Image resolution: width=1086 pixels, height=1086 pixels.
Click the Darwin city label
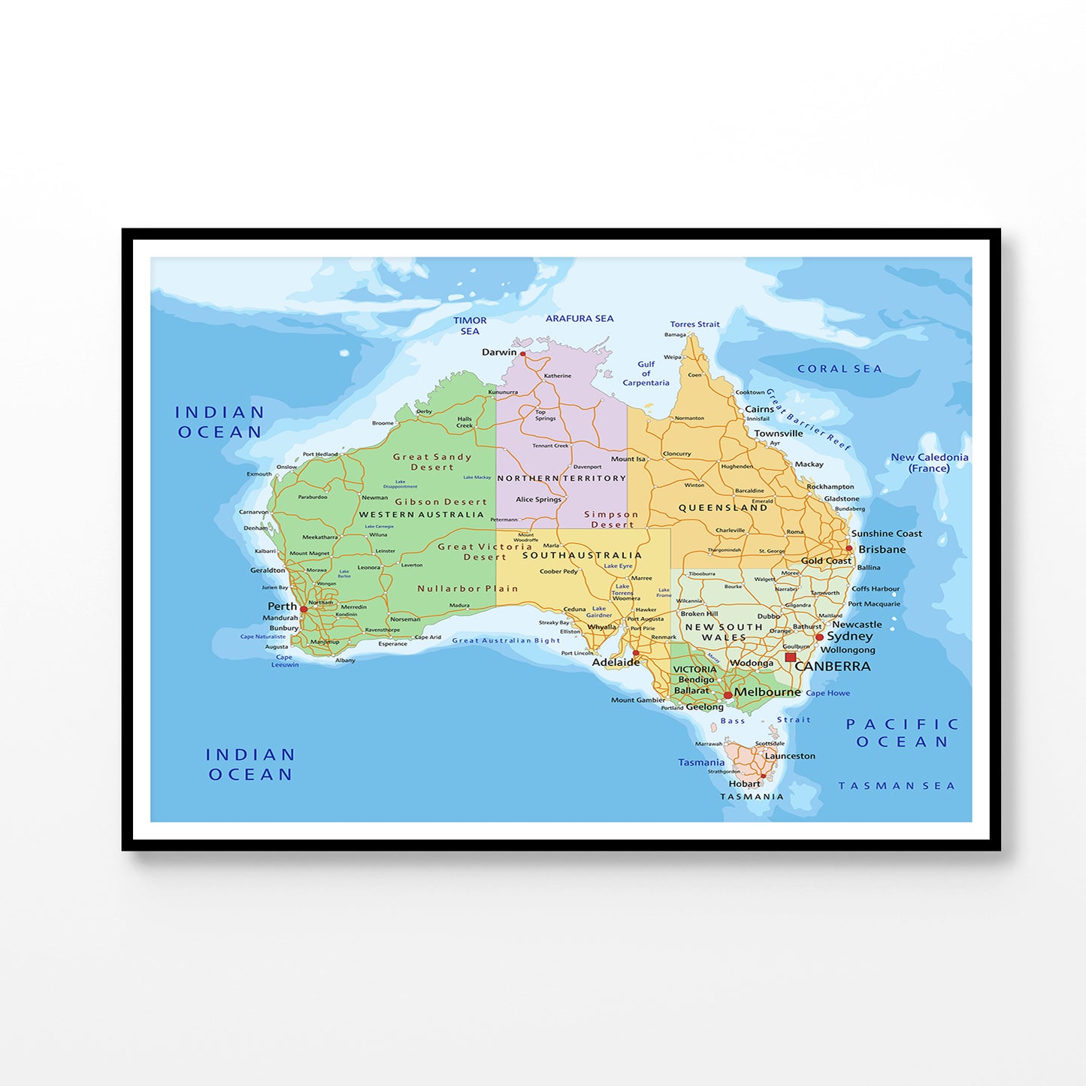(499, 352)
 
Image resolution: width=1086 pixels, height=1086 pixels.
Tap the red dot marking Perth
(304, 610)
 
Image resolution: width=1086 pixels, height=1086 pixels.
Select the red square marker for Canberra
(790, 657)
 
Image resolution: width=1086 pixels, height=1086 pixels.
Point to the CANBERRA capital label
(833, 667)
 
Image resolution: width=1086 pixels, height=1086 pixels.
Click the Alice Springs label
(538, 499)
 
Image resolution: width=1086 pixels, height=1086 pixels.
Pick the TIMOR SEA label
(470, 325)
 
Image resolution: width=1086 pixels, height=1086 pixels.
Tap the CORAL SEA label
(839, 369)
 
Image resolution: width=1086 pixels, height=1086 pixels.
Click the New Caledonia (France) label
(929, 462)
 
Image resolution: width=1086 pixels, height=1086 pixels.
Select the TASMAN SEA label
(897, 786)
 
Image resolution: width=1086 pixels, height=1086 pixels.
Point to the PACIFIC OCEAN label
(903, 733)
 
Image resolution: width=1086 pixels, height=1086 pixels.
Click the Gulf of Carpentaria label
(646, 374)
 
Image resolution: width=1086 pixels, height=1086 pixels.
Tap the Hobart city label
(744, 783)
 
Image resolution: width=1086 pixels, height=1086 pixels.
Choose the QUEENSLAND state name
(723, 508)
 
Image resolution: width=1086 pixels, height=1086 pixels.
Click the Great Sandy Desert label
(432, 461)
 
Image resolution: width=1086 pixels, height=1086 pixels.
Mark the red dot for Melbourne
(728, 695)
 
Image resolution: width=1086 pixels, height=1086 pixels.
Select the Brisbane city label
(882, 549)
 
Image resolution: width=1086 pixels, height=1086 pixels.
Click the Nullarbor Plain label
(467, 588)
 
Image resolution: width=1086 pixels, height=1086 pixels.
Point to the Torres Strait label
(694, 325)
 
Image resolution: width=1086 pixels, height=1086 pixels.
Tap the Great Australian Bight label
(506, 640)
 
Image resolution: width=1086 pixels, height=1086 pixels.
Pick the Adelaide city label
(616, 662)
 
